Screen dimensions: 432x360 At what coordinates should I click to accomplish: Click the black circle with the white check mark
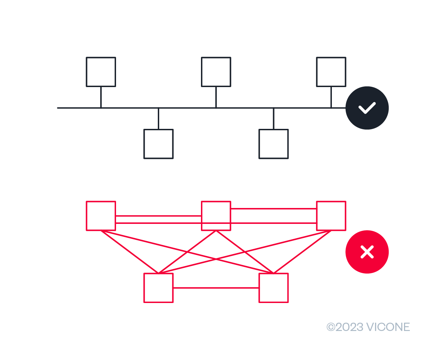[x=367, y=108]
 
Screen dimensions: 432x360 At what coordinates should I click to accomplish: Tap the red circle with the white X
[x=367, y=252]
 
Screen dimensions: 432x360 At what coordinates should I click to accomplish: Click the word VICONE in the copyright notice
[x=388, y=327]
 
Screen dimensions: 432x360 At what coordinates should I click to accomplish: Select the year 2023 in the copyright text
[x=349, y=327]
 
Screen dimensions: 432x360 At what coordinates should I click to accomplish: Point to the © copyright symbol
[x=330, y=327]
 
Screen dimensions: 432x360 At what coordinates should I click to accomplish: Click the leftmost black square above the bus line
[x=101, y=72]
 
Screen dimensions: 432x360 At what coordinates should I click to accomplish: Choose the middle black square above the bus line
[x=216, y=72]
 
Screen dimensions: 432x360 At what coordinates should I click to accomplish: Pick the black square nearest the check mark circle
[x=331, y=72]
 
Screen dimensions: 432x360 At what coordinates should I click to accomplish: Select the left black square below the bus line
[x=158, y=144]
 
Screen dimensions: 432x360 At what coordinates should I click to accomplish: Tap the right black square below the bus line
[x=273, y=144]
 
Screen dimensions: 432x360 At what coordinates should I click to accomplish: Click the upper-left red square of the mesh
[x=101, y=216]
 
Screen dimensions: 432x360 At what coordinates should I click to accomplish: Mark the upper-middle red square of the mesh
[x=216, y=216]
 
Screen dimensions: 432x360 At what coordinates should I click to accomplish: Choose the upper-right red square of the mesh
[x=331, y=216]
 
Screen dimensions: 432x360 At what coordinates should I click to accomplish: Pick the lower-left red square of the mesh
[x=158, y=288]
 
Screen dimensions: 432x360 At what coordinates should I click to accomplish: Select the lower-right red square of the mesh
[x=273, y=288]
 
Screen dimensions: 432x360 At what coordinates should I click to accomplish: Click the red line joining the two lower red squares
[x=216, y=288]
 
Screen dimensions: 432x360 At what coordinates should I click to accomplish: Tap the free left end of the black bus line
[x=58, y=108]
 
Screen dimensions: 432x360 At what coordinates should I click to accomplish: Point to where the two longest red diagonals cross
[x=216, y=259]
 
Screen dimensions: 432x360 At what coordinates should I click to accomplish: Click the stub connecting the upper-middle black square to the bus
[x=216, y=97]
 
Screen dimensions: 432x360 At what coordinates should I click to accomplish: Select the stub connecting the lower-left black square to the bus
[x=158, y=119]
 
